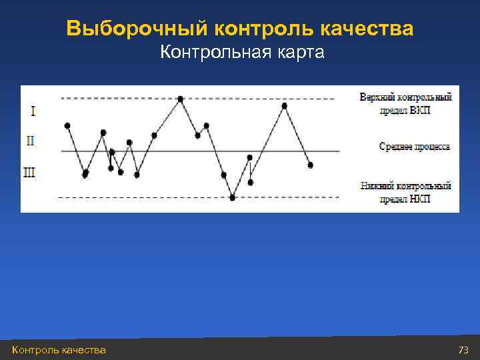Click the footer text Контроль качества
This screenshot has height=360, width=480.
59,350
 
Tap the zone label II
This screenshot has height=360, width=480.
31,141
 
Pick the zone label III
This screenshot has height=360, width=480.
30,173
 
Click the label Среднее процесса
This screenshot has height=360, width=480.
414,146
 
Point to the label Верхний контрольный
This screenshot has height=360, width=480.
405,97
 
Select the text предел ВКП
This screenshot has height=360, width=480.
405,110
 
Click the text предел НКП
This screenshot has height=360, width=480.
405,199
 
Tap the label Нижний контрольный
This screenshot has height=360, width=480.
405,186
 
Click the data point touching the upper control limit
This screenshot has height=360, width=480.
181,99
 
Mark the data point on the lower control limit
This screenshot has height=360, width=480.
233,197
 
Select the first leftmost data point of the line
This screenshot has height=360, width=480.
67,125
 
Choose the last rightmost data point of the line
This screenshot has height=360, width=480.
310,165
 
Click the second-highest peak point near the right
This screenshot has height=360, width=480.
285,105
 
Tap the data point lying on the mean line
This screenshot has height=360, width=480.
112,152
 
